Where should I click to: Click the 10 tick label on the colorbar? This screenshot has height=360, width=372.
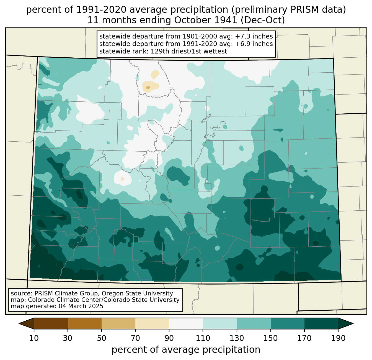(x=34, y=338)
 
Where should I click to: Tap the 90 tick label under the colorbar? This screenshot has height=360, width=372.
(x=169, y=338)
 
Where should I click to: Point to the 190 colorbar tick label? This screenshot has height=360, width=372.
(x=338, y=338)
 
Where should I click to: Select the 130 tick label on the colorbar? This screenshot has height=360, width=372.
(x=237, y=338)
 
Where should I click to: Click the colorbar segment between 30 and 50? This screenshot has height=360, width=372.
(x=84, y=324)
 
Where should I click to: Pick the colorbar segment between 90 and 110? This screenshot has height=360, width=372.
(x=186, y=324)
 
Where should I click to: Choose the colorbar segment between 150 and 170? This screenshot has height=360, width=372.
(x=287, y=324)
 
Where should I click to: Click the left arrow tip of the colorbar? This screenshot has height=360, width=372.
(x=19, y=324)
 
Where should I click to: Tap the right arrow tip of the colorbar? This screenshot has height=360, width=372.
(x=353, y=324)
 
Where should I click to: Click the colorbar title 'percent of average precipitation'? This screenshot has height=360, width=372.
(x=186, y=350)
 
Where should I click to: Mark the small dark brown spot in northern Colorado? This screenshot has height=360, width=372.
(x=148, y=88)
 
